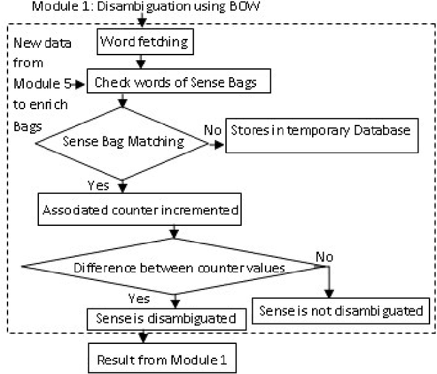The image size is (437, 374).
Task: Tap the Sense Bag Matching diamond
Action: click(124, 143)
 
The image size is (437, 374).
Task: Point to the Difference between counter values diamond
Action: click(173, 267)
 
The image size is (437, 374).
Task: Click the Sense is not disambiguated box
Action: click(341, 311)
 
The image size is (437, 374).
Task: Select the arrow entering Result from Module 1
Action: click(142, 338)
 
